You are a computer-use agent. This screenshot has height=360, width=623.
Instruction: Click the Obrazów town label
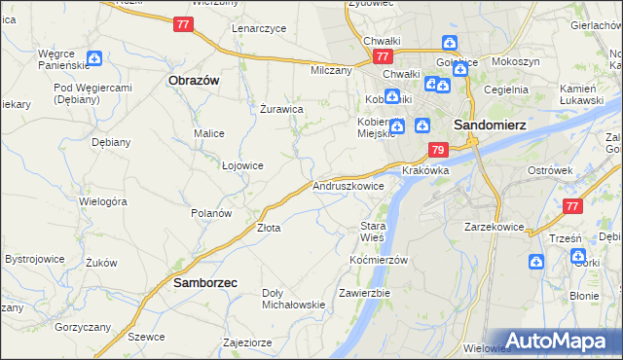coord(193,80)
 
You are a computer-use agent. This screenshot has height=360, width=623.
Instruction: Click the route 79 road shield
coord(437,151)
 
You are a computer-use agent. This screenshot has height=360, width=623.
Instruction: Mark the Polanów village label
coord(210,213)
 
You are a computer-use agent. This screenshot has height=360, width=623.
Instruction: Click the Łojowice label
coord(242,165)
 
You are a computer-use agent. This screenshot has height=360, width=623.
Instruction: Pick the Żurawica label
coord(281,110)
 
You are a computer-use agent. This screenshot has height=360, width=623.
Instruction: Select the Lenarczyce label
coord(259,29)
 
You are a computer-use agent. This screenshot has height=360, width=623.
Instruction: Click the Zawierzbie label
coord(364,293)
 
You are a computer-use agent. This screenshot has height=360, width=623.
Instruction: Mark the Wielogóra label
coord(104,202)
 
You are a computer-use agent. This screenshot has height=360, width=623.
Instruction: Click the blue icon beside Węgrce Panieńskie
coord(93,58)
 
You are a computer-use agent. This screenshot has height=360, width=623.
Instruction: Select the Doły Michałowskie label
coord(293,299)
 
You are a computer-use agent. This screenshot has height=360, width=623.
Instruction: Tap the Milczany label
coord(331,71)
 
